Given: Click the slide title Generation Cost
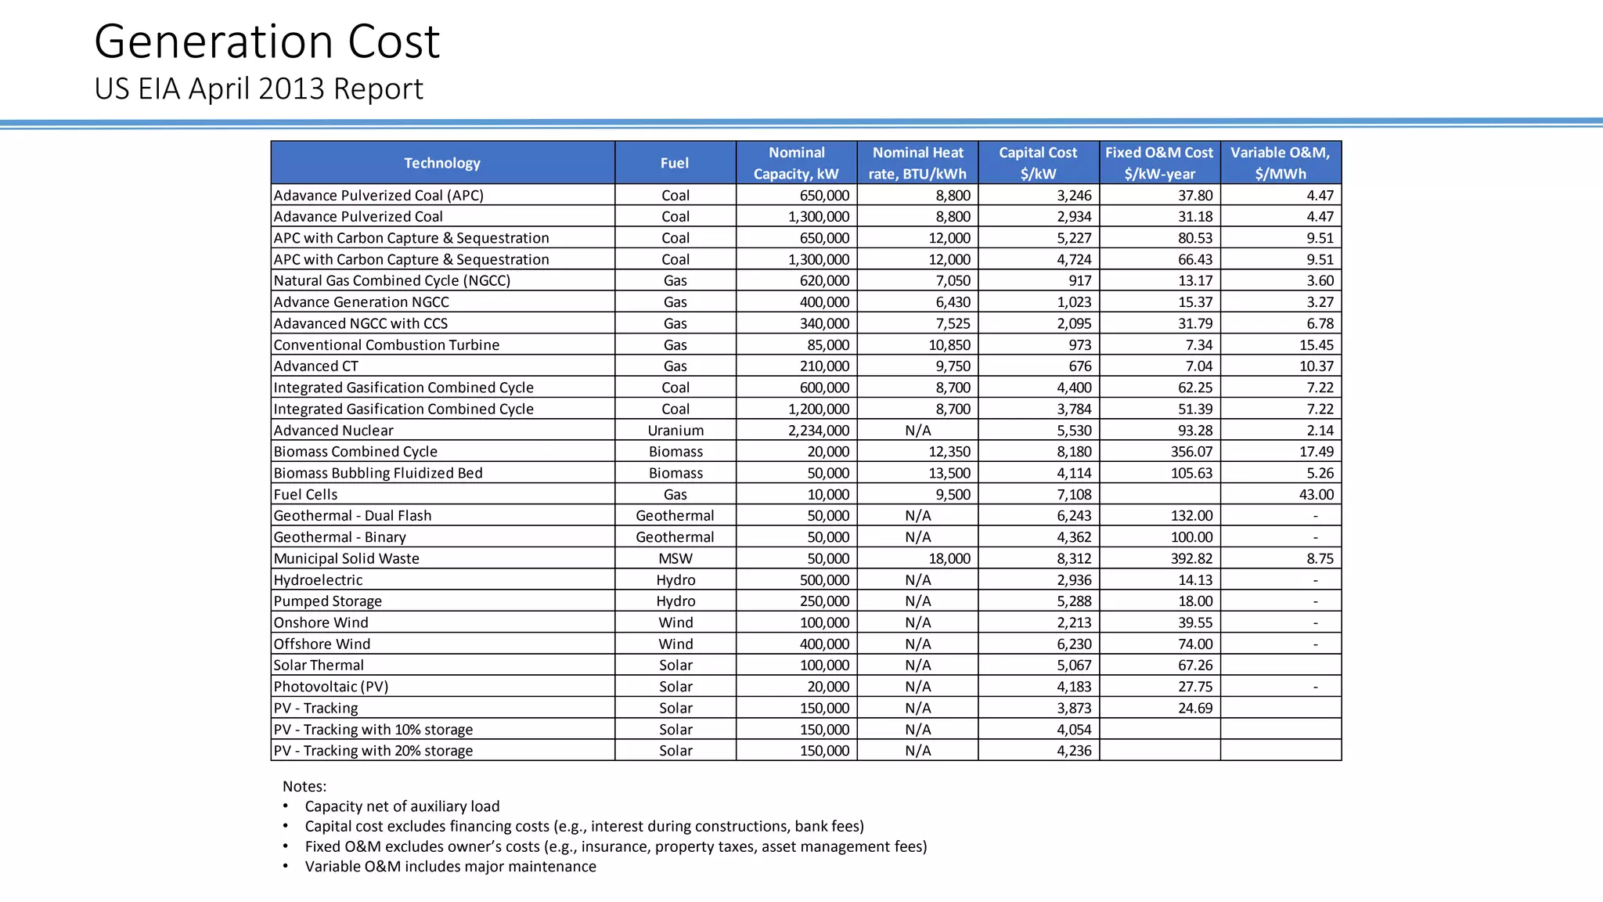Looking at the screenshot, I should coord(267,41).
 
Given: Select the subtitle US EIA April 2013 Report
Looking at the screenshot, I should coord(258,89).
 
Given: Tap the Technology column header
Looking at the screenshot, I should coord(442,163).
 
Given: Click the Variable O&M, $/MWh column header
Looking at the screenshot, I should coord(1281,163).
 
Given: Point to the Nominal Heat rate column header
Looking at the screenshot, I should coord(917,163).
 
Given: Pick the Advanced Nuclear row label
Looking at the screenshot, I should coord(333,431).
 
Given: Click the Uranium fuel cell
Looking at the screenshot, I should coord(675,431).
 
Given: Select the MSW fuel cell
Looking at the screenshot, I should coord(675,559).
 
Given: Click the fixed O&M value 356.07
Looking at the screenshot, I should coord(1191,452).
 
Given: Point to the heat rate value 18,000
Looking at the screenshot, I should coord(949,559).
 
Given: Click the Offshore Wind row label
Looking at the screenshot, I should coord(322,644).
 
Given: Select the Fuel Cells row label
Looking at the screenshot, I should coord(305,495).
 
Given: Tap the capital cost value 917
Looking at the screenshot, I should coord(1079,281).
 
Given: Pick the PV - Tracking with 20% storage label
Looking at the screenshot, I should coord(373,751).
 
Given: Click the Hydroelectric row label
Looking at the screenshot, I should coord(318,580).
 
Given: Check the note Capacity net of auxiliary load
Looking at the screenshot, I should coord(402,806).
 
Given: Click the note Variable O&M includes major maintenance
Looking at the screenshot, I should coord(450,867).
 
